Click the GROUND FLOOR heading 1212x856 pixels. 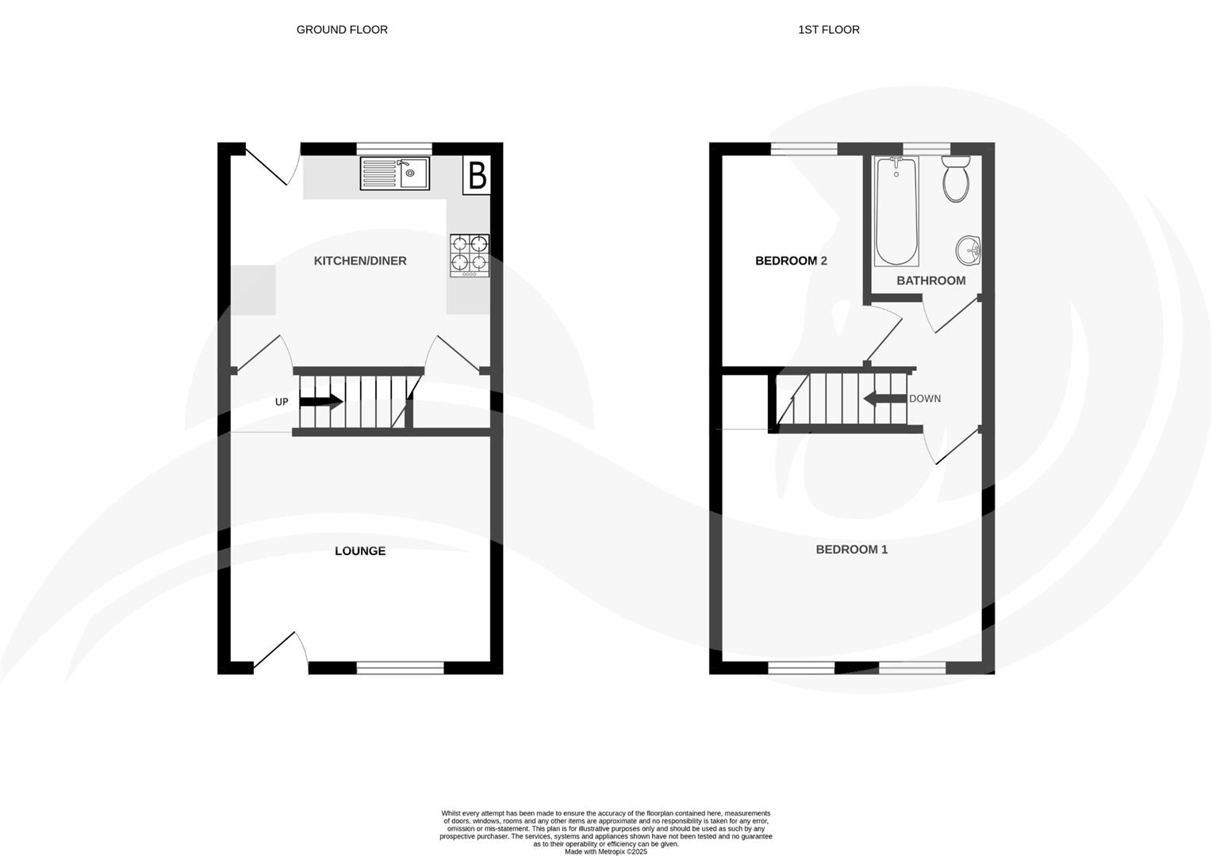[x=342, y=30]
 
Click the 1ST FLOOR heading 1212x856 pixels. [x=828, y=30]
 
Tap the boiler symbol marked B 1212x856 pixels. [x=477, y=175]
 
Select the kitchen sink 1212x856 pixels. [x=394, y=174]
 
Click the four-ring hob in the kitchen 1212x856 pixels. [x=470, y=254]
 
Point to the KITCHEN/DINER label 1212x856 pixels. [x=360, y=261]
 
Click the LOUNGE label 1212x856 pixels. [x=360, y=551]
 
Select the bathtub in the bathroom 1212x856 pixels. [x=896, y=211]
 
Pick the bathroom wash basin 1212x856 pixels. [x=968, y=250]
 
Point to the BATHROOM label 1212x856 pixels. [x=930, y=281]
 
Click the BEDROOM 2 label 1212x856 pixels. [x=791, y=261]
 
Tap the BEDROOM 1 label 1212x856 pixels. [x=851, y=549]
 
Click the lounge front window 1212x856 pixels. [x=400, y=667]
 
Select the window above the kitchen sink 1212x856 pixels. [x=394, y=148]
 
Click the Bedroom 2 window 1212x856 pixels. [x=804, y=148]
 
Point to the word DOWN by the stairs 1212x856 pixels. [x=925, y=399]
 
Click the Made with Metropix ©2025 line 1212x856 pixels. [x=606, y=852]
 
